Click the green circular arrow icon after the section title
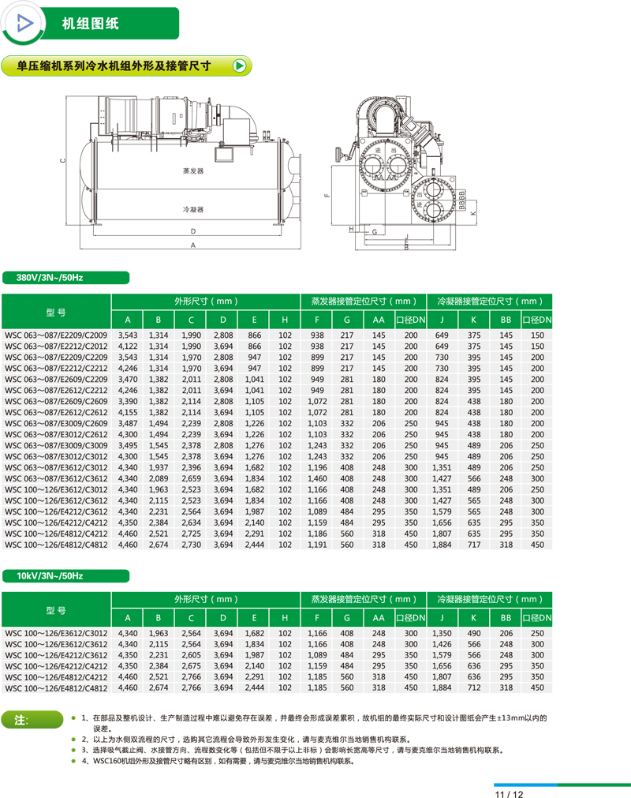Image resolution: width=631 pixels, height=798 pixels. (x=240, y=66)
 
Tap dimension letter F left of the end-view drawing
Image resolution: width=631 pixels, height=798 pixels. (x=324, y=195)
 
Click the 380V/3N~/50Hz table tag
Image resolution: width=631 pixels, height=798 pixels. (x=54, y=277)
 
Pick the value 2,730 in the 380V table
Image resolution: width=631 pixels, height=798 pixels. (x=191, y=544)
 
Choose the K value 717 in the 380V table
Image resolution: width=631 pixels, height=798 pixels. (x=473, y=544)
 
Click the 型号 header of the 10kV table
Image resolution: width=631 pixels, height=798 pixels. (x=56, y=611)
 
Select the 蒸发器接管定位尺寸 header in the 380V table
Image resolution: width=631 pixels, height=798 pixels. (x=363, y=301)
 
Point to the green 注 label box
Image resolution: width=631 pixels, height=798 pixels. (x=32, y=719)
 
